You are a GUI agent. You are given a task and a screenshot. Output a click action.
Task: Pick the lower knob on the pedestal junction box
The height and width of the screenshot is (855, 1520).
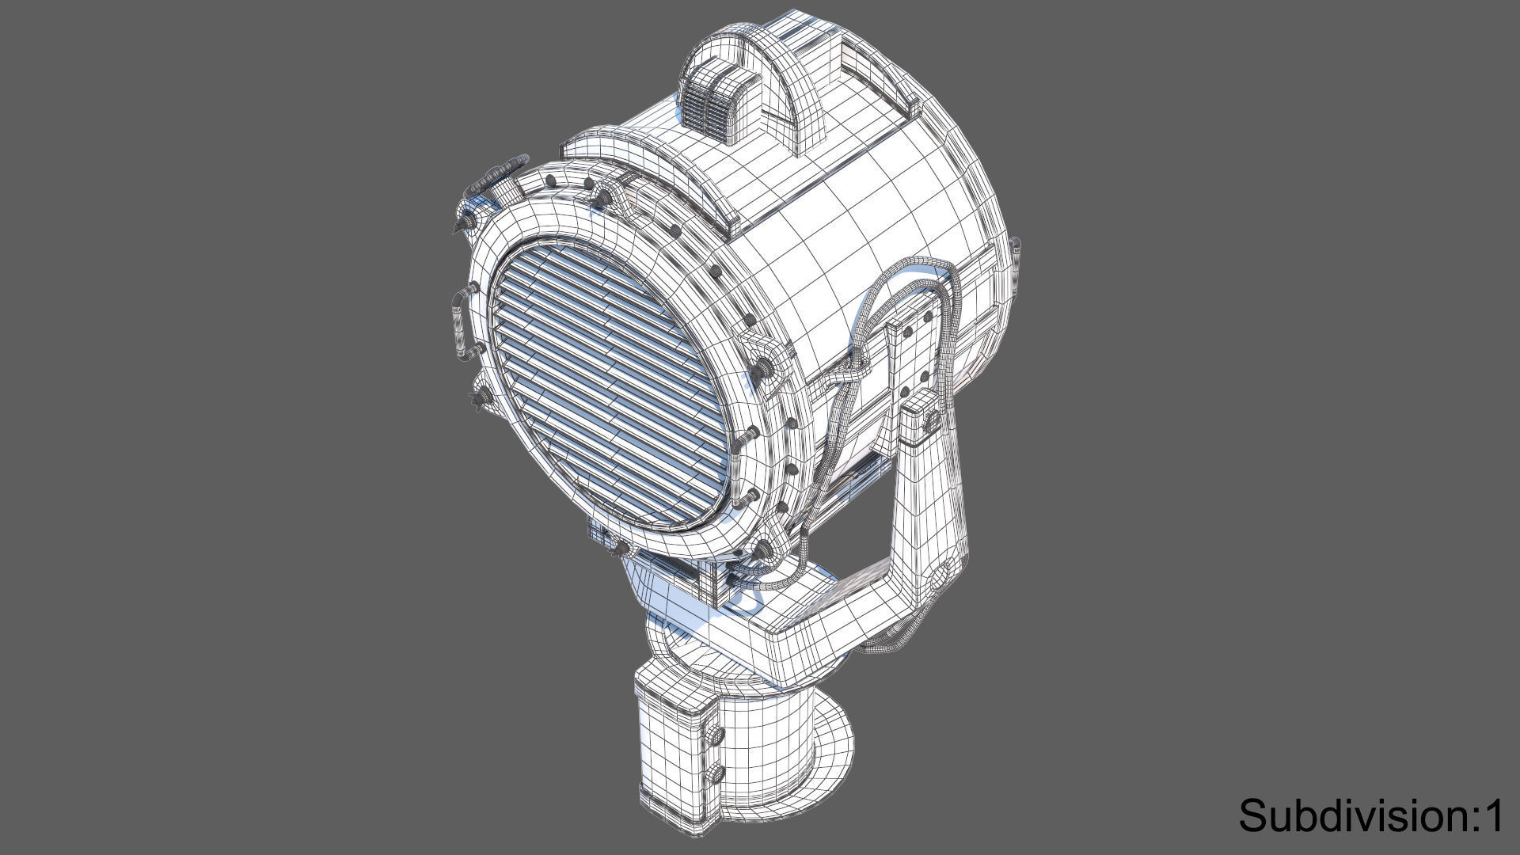click(717, 772)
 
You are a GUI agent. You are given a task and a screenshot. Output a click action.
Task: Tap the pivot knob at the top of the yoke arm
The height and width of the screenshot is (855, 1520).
click(931, 418)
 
